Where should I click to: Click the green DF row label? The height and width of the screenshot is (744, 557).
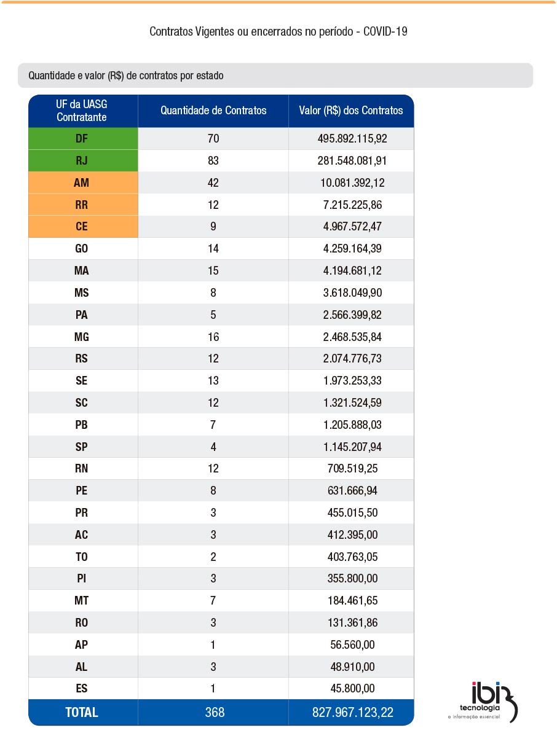pos(81,139)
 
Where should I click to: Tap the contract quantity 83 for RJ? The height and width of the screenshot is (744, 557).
pos(213,161)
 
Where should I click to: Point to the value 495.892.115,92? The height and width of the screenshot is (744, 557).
pos(352,139)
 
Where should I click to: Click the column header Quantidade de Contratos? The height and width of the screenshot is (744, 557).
pos(213,111)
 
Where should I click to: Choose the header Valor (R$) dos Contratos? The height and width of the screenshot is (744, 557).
pos(351,111)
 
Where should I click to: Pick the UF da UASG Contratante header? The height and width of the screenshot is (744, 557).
pos(81,111)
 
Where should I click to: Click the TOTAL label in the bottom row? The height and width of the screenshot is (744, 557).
pos(81,712)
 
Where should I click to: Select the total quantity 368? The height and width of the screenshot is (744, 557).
pos(215,712)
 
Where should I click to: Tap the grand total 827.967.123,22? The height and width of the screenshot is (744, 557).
pos(352,712)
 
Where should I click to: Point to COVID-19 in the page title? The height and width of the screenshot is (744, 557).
pos(385,31)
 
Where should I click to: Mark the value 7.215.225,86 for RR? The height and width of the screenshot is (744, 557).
pos(352,205)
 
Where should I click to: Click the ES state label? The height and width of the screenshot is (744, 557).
pos(81,689)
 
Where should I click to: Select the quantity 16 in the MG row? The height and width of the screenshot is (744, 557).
pos(213,337)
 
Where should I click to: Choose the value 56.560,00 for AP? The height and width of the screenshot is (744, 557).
pos(352,644)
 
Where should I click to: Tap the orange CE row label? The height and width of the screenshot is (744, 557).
pos(81,227)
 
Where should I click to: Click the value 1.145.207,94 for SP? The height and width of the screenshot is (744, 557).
pos(352,447)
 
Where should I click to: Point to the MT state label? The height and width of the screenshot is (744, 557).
pos(81,600)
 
